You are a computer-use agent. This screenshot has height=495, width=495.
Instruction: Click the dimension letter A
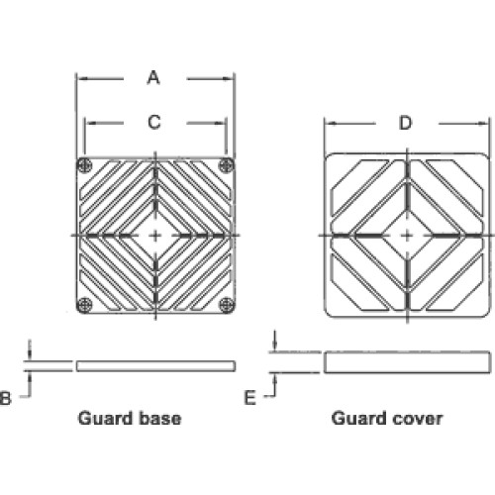153,78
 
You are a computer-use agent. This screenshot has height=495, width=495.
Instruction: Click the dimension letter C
154,123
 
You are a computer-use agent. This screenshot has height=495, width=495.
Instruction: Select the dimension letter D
406,123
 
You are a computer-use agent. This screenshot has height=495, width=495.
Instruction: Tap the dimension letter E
249,397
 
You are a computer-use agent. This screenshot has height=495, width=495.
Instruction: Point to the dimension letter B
5,398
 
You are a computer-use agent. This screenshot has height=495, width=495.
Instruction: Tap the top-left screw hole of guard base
84,165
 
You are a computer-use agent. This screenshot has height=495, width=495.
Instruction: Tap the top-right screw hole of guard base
227,165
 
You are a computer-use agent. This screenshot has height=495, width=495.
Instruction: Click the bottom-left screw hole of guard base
84,305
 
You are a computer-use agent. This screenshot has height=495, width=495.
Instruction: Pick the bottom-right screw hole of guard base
227,305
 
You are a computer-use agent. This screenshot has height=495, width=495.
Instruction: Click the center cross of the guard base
155,236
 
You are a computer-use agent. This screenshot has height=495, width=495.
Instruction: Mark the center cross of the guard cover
408,236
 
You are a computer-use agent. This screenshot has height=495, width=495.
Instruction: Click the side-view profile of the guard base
155,366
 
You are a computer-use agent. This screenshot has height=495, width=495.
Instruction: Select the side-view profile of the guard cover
407,362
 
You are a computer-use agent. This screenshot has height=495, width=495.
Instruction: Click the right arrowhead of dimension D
483,124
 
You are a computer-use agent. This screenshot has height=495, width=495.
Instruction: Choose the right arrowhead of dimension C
221,123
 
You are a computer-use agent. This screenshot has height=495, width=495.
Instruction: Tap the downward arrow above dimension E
275,341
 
